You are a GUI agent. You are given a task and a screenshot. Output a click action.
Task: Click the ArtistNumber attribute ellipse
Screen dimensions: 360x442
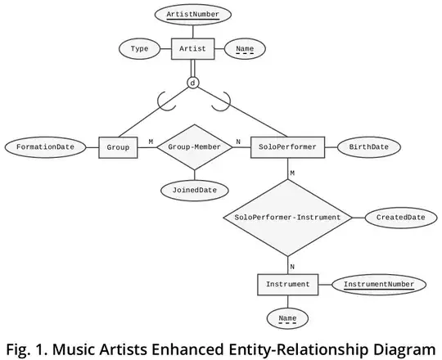[x=193, y=15]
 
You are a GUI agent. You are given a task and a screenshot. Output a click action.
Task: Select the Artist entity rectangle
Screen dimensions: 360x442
[x=193, y=50]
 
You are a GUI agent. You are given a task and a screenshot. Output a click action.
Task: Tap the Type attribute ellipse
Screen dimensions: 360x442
[x=139, y=50]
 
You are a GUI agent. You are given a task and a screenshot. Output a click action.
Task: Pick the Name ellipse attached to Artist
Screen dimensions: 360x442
[x=245, y=50]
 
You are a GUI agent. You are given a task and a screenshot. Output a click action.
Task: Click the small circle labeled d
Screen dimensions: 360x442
[x=193, y=83]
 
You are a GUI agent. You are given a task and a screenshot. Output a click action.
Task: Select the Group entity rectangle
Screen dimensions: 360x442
[x=118, y=147]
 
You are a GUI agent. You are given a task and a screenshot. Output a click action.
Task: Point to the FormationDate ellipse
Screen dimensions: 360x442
[x=45, y=147]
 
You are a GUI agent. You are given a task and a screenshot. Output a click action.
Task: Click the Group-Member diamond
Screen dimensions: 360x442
[x=195, y=147]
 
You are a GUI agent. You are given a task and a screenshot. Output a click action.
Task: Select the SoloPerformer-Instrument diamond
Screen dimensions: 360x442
[x=287, y=218]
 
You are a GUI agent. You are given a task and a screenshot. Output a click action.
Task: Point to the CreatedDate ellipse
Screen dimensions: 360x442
[x=400, y=218]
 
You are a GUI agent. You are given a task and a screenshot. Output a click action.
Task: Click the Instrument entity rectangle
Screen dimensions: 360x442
[x=287, y=285]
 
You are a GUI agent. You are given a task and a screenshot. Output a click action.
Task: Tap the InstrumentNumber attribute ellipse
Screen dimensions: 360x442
[x=378, y=285]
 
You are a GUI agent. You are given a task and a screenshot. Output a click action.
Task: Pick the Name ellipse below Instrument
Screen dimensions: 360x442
[x=287, y=319]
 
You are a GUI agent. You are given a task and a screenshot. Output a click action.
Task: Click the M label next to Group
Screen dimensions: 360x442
[x=151, y=142]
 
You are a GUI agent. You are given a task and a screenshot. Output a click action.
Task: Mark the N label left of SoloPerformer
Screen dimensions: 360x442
[x=238, y=142]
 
